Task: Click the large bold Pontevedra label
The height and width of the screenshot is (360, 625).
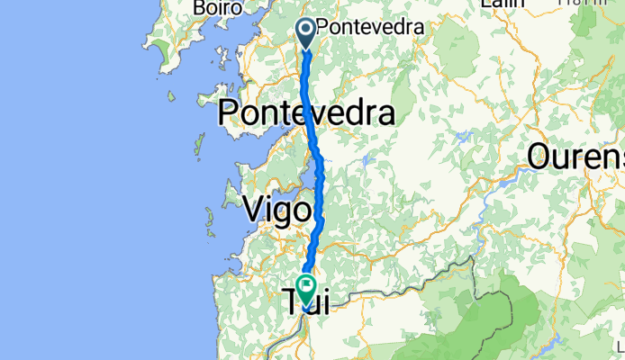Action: tap(306, 114)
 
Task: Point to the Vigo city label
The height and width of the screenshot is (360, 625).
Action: tap(278, 210)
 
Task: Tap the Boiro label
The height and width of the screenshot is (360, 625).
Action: tap(218, 7)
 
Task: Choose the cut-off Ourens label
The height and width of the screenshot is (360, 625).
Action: tap(576, 156)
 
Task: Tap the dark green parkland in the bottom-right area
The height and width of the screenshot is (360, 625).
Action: tap(491, 315)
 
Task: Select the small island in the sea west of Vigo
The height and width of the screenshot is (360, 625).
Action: tap(206, 216)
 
